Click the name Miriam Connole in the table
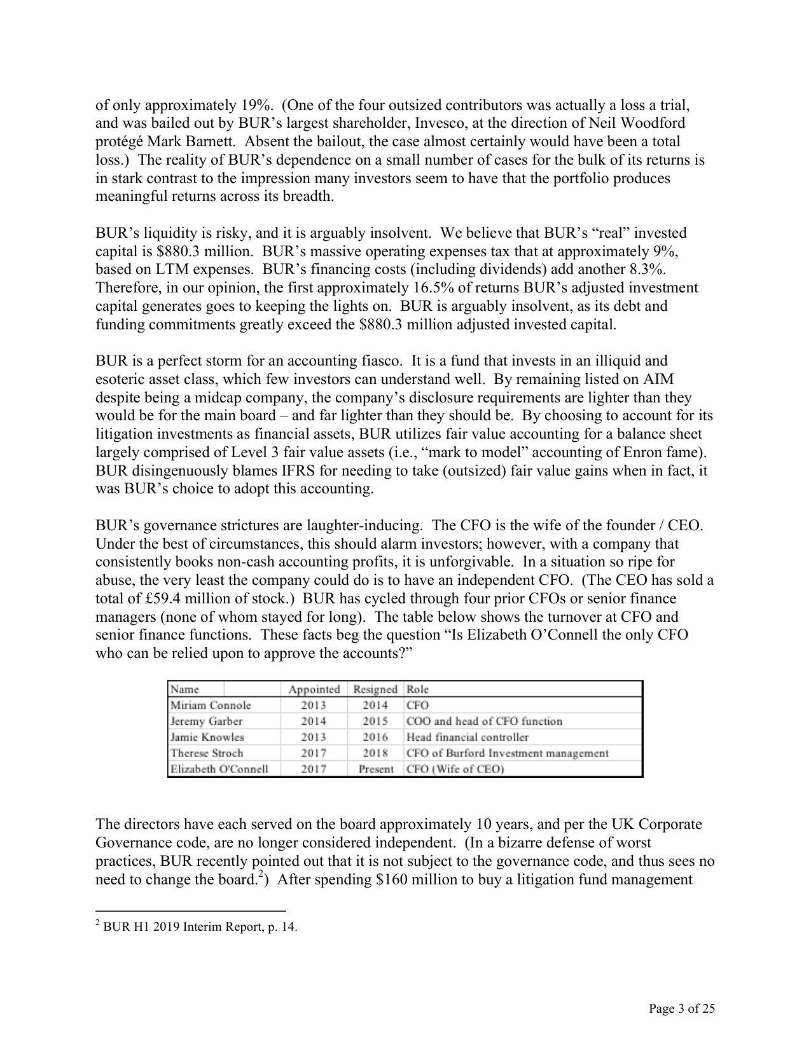211,705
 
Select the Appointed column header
314,689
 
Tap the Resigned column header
375,689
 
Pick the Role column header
417,689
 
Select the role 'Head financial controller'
468,737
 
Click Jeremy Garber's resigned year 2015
375,722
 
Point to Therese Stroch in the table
207,753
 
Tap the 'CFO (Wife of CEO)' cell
455,769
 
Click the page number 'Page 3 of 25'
682,1009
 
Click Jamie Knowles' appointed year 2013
314,737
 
